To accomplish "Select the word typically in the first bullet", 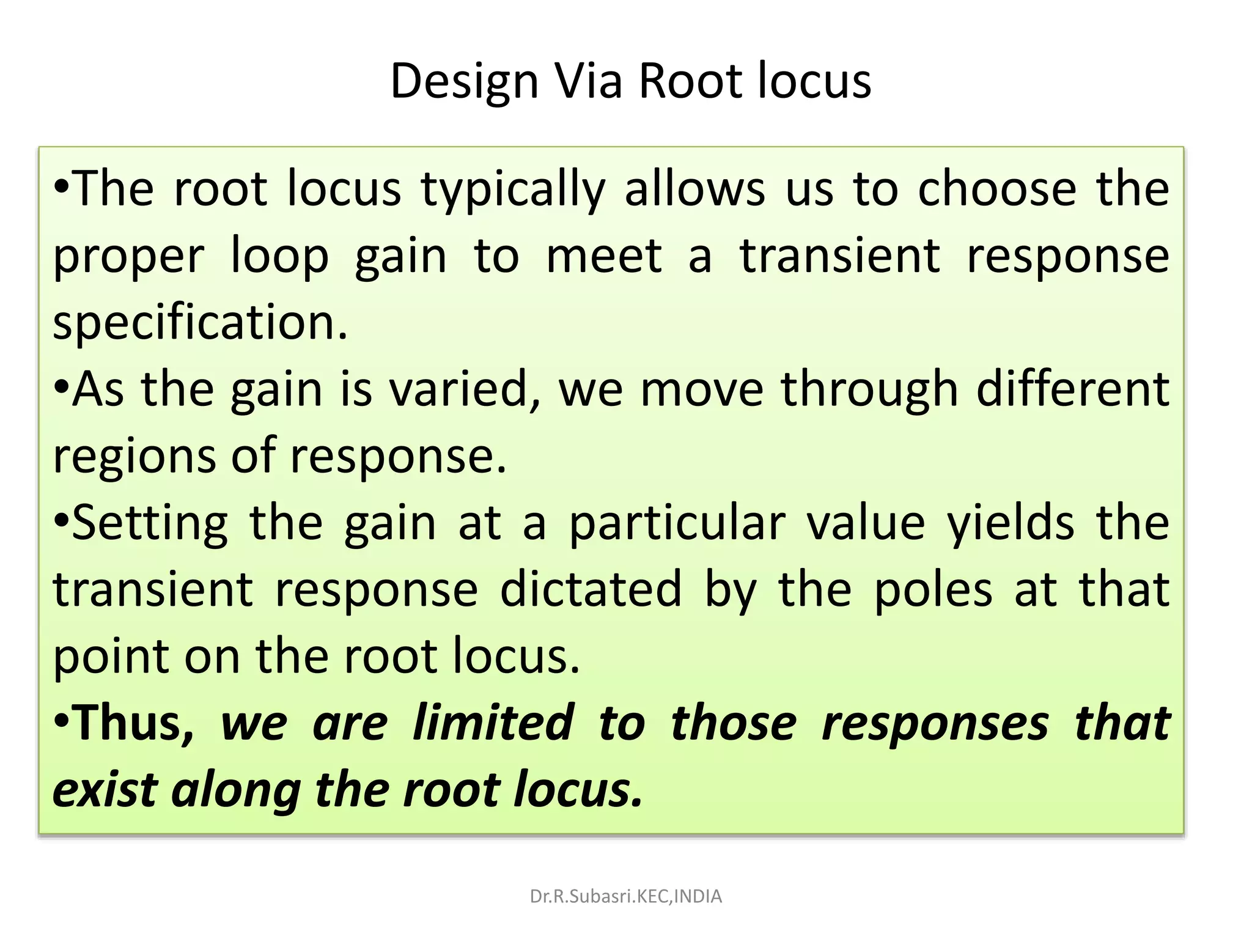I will (x=512, y=190).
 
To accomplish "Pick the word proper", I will (x=128, y=257).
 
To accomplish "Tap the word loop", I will (x=280, y=257).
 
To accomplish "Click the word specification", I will (x=200, y=323).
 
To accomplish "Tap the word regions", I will (x=134, y=457).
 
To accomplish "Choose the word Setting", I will (x=150, y=523).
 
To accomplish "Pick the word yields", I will (x=1011, y=523).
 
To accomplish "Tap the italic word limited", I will (x=493, y=723).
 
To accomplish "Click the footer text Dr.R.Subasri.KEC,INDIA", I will (x=625, y=897).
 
